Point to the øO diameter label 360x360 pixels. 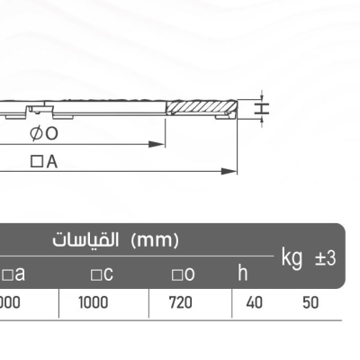coord(44,133)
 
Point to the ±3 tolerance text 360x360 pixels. coord(325,258)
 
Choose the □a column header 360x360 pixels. coord(13,273)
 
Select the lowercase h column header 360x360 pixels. coord(242,272)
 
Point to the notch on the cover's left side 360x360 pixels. coord(36,111)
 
